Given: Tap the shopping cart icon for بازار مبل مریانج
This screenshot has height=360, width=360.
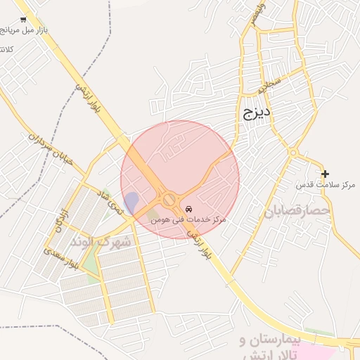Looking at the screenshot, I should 23,20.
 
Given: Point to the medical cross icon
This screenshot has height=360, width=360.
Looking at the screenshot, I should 325,173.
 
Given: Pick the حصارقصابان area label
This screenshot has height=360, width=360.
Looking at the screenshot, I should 297,210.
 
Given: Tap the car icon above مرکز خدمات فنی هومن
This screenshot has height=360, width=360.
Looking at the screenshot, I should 188,210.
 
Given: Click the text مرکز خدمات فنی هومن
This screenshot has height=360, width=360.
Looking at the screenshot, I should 188,220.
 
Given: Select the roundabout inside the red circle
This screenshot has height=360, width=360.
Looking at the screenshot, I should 169,200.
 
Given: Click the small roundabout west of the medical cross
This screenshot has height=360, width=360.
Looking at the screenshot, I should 292,153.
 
